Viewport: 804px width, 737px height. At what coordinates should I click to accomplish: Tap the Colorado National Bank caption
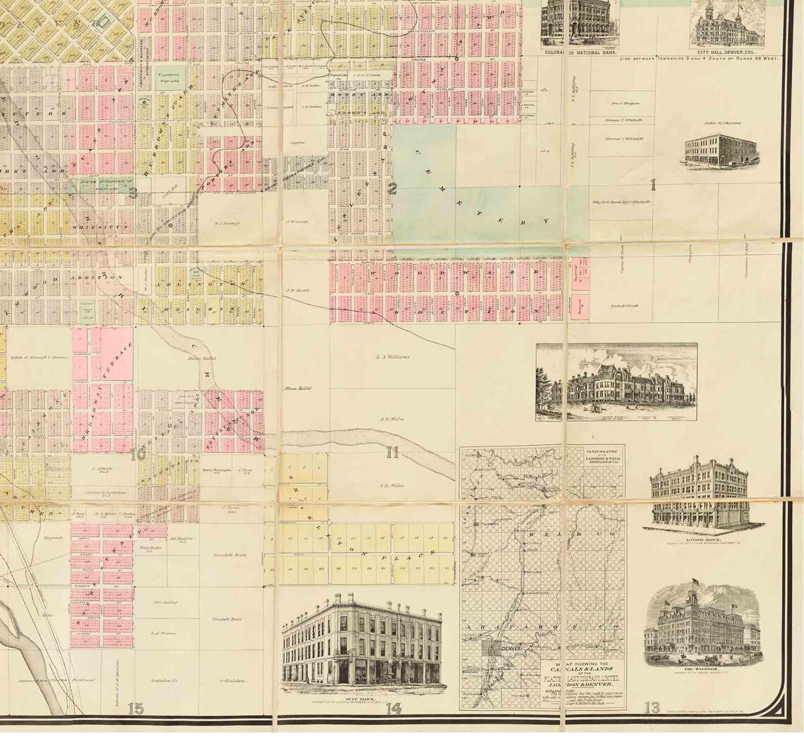pyautogui.click(x=579, y=52)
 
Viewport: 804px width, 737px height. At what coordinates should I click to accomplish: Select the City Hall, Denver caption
pyautogui.click(x=728, y=51)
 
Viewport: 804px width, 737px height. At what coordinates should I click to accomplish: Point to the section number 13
pyautogui.click(x=652, y=707)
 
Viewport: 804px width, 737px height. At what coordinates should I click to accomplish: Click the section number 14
pyautogui.click(x=393, y=708)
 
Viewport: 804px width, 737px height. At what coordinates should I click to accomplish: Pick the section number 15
pyautogui.click(x=135, y=708)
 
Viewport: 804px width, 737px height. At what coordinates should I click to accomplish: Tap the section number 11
pyautogui.click(x=392, y=452)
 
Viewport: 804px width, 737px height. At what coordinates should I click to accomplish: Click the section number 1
pyautogui.click(x=653, y=185)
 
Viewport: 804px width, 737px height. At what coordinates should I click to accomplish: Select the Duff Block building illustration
pyautogui.click(x=362, y=642)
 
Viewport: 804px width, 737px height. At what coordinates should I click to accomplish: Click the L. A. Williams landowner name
pyautogui.click(x=393, y=357)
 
